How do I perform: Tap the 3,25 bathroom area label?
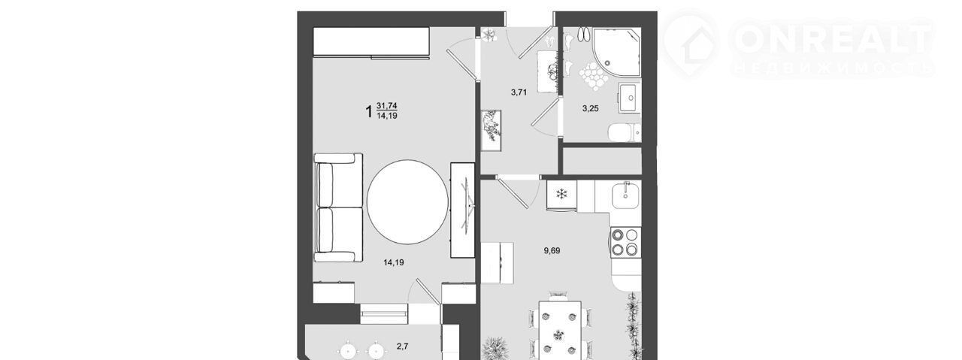(590, 109)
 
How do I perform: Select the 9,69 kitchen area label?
(552, 250)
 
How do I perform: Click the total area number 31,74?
(86, 106)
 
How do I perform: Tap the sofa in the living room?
(338, 207)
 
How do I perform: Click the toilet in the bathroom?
(625, 132)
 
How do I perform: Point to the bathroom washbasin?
(629, 98)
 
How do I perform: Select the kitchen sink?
(626, 195)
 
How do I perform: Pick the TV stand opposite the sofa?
(462, 210)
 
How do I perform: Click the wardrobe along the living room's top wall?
(371, 41)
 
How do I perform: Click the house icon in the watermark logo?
(690, 43)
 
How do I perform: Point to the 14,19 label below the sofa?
(393, 262)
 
